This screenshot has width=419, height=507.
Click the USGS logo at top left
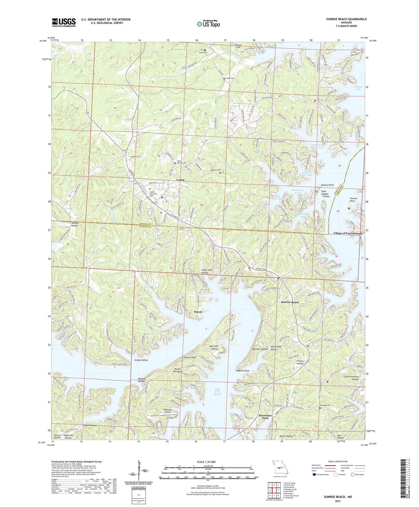point(64,22)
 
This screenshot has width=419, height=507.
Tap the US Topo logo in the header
point(208,24)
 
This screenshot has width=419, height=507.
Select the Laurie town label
point(180,180)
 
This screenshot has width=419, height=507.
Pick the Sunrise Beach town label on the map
point(290,302)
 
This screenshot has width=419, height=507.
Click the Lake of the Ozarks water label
point(217,392)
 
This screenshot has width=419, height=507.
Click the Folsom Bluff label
point(190,357)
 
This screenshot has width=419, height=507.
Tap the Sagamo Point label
point(243,371)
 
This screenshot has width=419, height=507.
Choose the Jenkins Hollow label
point(72,224)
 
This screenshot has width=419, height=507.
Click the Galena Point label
point(327,185)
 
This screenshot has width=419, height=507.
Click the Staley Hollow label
point(141,360)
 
